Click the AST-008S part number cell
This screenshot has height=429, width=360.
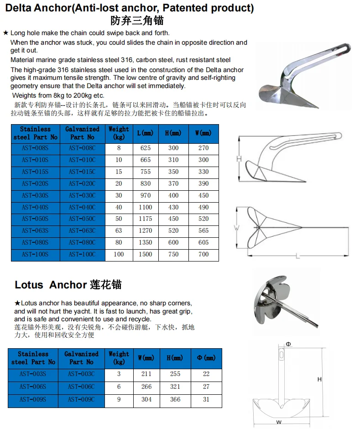35,148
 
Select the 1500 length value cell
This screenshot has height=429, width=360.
146,254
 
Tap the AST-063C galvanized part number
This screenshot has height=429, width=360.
82,230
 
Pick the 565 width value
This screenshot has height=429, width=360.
203,230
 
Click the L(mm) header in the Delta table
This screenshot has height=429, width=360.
146,133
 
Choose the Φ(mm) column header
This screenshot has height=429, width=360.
206,358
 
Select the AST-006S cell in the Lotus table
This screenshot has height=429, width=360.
33,387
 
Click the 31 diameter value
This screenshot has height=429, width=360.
206,399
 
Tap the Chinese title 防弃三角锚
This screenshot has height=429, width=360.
137,21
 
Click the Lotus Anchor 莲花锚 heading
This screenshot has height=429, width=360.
68,285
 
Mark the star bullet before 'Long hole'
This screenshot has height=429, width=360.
5,33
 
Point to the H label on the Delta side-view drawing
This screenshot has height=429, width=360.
239,159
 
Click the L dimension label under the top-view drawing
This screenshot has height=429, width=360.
297,256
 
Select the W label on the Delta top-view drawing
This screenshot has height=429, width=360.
236,226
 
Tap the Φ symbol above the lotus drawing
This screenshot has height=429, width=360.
288,344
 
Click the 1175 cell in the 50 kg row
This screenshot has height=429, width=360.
146,219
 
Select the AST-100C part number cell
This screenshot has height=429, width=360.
82,254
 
